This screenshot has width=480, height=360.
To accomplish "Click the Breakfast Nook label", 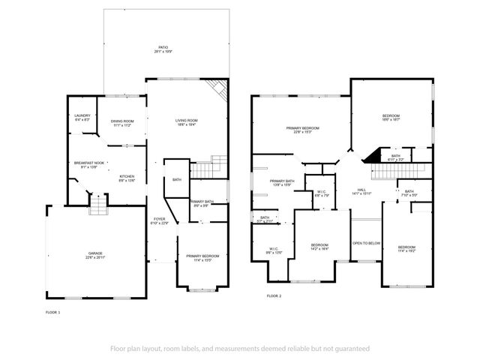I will (88, 164).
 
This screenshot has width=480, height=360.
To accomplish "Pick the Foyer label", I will (160, 220).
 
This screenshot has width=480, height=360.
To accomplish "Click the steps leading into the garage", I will (98, 205).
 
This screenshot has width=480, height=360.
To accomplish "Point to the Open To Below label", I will (367, 243).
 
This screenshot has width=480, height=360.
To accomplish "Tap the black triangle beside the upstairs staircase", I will (370, 157).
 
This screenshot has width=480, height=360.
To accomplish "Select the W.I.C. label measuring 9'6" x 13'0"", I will (274, 251).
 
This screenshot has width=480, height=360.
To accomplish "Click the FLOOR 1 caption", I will (52, 311).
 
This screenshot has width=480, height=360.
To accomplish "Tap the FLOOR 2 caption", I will (274, 296).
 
